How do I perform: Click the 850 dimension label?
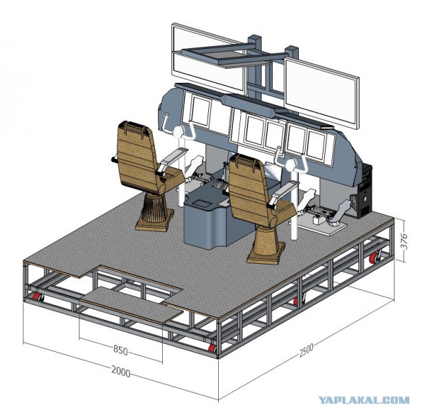tap(120, 351)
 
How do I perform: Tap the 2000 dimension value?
tap(121, 372)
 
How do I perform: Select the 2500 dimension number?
tap(306, 350)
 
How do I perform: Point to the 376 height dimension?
tap(405, 240)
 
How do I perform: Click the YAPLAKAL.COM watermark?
tap(364, 400)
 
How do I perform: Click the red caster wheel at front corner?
tap(212, 349)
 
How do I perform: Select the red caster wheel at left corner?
tap(38, 297)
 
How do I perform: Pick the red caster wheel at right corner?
tap(374, 258)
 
